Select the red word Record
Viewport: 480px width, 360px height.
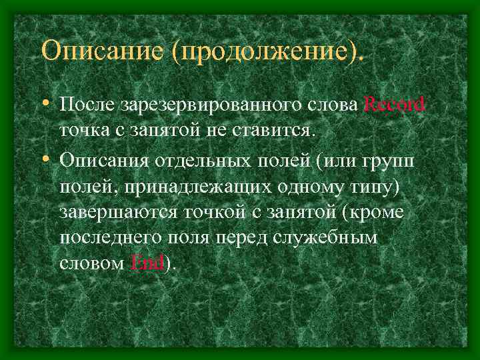(395, 105)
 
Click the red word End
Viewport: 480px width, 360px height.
(147, 263)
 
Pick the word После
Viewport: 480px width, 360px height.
(87, 105)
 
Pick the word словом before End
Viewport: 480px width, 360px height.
(91, 263)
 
